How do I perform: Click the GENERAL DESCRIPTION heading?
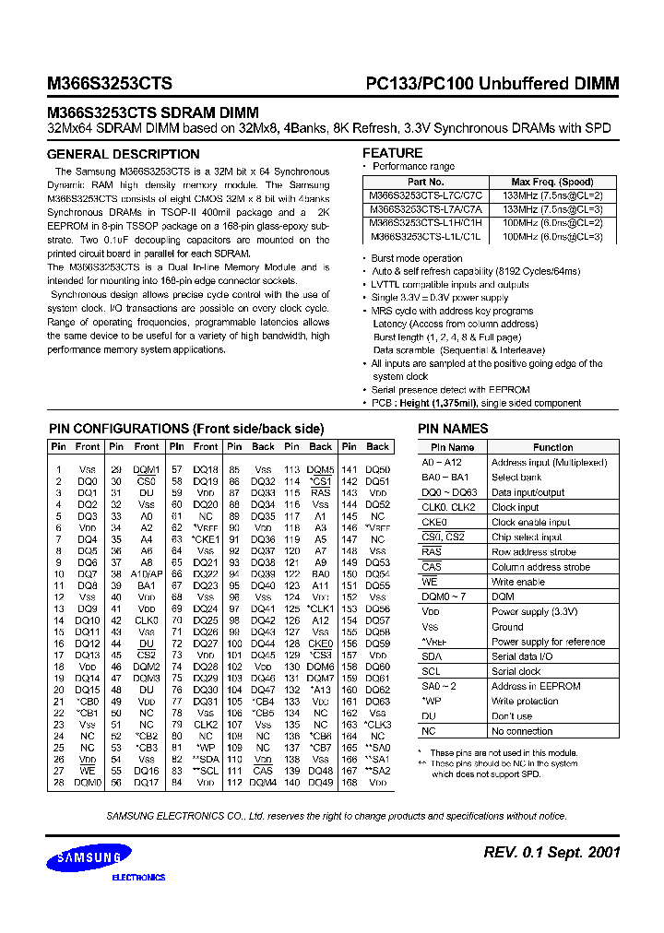[123, 154]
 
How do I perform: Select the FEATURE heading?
[392, 153]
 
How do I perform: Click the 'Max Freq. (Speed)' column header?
[552, 183]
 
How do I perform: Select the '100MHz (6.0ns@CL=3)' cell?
[552, 237]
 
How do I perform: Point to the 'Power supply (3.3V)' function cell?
[534, 611]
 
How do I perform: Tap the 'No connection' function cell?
[522, 731]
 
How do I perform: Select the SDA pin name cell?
[431, 656]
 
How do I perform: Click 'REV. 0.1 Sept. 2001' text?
[551, 852]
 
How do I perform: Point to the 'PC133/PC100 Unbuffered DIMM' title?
[487, 84]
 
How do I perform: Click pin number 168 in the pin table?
[350, 783]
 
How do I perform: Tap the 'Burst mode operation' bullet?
[417, 259]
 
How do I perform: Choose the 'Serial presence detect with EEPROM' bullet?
[451, 389]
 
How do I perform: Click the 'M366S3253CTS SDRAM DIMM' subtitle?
[153, 112]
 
